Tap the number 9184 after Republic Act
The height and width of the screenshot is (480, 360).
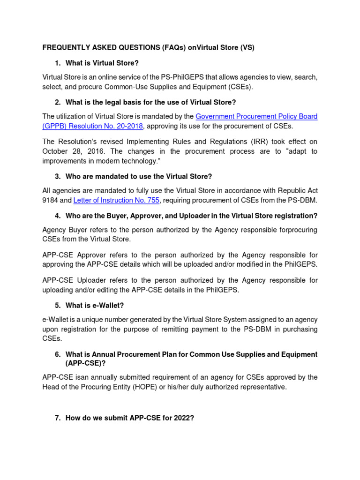(50, 201)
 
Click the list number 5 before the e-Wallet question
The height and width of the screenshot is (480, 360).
(57, 305)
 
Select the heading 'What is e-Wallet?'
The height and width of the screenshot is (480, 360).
(95, 305)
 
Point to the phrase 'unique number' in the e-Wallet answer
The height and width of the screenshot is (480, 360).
(99, 319)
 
